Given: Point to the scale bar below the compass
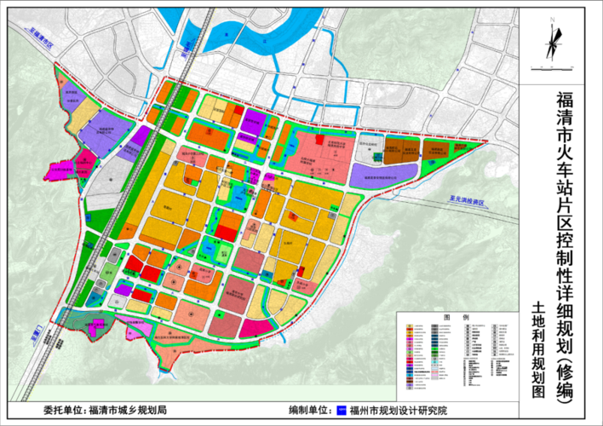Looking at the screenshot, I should point(554,66).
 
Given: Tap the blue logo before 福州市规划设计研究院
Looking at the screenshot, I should point(342,410).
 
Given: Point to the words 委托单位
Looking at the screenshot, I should point(64,410).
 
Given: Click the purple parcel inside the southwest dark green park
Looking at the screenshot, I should point(99,325).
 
